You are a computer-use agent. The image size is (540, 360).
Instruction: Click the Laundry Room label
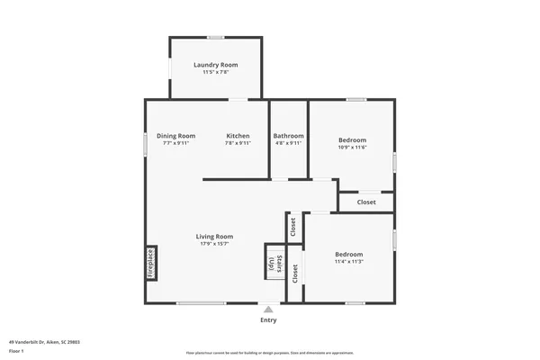click(x=216, y=65)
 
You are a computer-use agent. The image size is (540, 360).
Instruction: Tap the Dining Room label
click(x=175, y=136)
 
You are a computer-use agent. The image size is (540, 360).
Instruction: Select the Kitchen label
click(x=238, y=136)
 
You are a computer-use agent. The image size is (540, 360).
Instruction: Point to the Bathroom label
click(x=289, y=136)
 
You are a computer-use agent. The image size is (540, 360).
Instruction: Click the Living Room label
click(x=215, y=237)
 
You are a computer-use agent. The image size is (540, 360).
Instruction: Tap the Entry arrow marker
click(x=268, y=309)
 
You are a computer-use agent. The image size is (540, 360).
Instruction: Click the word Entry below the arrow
click(x=268, y=319)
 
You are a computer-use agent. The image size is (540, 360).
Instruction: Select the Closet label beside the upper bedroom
click(x=366, y=202)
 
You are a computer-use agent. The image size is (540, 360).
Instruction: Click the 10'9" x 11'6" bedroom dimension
click(x=353, y=148)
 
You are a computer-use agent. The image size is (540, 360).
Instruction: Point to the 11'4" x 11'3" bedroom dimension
click(x=348, y=262)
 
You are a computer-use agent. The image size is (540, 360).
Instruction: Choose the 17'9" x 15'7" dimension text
click(x=215, y=244)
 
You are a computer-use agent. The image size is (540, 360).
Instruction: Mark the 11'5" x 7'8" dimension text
click(x=216, y=72)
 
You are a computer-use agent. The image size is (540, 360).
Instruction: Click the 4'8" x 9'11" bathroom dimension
click(x=289, y=143)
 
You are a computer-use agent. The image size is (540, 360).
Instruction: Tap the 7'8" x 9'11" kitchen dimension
click(x=238, y=143)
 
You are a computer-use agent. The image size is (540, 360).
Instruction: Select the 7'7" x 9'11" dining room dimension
click(x=175, y=143)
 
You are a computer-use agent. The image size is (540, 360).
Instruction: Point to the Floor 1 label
click(x=17, y=351)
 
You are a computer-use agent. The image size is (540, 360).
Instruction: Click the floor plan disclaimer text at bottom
click(x=270, y=352)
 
